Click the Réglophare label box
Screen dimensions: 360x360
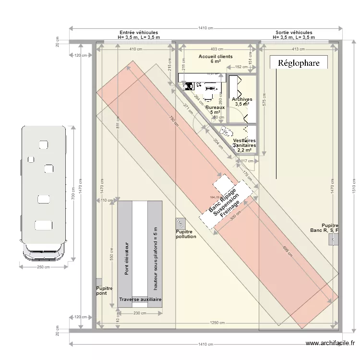pos(298,62)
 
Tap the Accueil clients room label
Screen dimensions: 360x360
pos(216,59)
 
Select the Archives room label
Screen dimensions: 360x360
pos(241,102)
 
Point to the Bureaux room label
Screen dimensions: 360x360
pos(215,110)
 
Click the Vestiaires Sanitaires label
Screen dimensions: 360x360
pos(244,145)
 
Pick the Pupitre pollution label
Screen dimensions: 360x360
pos(186,234)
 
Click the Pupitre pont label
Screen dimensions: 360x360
pos(104,290)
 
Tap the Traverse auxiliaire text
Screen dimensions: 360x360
pos(140,300)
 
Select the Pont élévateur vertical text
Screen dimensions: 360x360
pos(127,258)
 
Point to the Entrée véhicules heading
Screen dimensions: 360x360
pos(139,35)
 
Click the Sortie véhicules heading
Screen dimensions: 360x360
pos(294,35)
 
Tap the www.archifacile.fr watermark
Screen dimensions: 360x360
pos(330,343)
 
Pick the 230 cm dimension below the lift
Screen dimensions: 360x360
pos(140,313)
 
